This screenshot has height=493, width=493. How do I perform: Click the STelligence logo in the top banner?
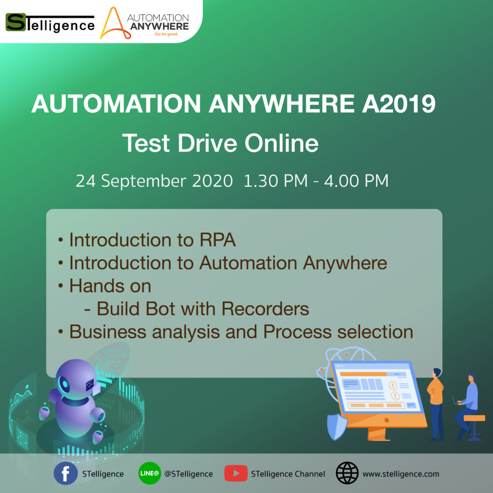(50, 23)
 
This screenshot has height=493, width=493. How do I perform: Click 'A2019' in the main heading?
(399, 104)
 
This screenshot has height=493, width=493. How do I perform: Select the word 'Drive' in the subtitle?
(207, 143)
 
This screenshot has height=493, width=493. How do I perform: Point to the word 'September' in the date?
(143, 181)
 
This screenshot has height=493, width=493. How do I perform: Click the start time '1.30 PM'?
(275, 181)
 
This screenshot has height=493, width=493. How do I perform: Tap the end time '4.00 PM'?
(357, 181)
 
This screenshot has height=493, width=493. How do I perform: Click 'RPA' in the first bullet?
(218, 240)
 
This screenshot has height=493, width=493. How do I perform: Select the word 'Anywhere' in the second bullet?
(345, 263)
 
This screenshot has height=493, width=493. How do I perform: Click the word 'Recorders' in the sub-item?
(265, 309)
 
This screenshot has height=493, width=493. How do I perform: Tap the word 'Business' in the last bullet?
(108, 332)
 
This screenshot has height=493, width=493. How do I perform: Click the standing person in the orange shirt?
(436, 404)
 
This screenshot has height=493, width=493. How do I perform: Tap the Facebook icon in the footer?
(65, 473)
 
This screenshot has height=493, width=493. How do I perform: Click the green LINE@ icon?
(150, 473)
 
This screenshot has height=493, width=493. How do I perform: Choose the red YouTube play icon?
(236, 473)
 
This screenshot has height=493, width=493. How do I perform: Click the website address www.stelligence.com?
(401, 474)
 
